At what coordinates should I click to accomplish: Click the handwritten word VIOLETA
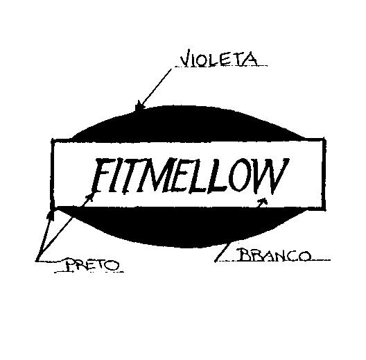tap(219, 58)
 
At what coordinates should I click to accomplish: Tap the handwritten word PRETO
tap(92, 264)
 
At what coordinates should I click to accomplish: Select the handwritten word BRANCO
tap(274, 255)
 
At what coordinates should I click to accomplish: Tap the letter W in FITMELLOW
tap(272, 175)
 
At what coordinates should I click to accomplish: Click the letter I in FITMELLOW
tap(116, 175)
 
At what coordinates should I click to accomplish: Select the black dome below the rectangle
tap(182, 225)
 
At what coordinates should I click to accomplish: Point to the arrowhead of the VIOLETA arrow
tap(139, 105)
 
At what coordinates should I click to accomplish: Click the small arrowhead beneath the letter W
tap(262, 203)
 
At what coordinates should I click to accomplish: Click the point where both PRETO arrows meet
tap(37, 260)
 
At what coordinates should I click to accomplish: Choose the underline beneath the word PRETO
tap(89, 272)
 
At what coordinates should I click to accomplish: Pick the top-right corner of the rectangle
tap(324, 139)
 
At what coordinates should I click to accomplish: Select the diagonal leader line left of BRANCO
tap(222, 252)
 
